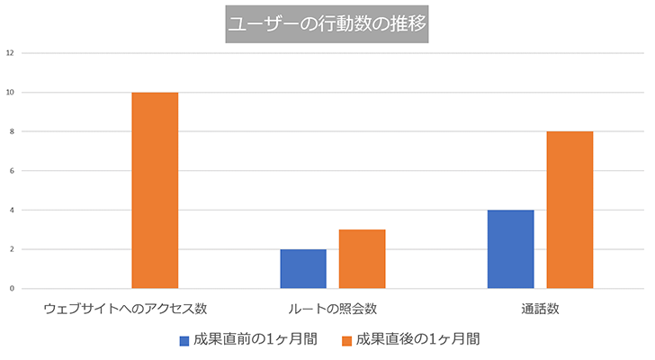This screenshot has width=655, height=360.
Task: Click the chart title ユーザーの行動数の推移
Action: pos(327,23)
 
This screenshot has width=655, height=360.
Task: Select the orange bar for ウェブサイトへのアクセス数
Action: pos(155,191)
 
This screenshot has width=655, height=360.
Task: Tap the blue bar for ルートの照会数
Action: pos(303,269)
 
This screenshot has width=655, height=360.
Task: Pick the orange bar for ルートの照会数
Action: pos(363,259)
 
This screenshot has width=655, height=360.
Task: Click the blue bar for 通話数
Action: pos(511,249)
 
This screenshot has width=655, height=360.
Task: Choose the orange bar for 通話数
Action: pos(570,210)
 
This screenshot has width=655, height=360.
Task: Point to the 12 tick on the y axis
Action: pos(10,53)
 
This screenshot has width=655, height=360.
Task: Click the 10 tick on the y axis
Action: pos(10,93)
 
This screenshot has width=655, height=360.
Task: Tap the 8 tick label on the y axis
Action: pos(12,131)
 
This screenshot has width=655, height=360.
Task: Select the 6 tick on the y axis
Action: pos(12,171)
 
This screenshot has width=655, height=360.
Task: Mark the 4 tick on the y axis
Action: pos(12,210)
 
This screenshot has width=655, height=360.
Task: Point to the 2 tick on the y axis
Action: pos(12,249)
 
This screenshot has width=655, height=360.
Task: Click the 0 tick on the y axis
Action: pos(12,289)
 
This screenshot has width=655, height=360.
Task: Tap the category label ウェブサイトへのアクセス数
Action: pos(125,309)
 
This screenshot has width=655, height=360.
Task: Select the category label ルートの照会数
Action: pos(333,309)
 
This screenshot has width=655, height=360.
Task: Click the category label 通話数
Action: pos(540,309)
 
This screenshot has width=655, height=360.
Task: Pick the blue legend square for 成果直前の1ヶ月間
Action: pos(184,341)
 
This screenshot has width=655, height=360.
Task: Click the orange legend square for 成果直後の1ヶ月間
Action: pos(346,341)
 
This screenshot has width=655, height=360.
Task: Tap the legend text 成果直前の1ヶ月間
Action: pos(256,339)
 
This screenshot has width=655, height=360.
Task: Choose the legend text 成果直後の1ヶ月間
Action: pos(417,339)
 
